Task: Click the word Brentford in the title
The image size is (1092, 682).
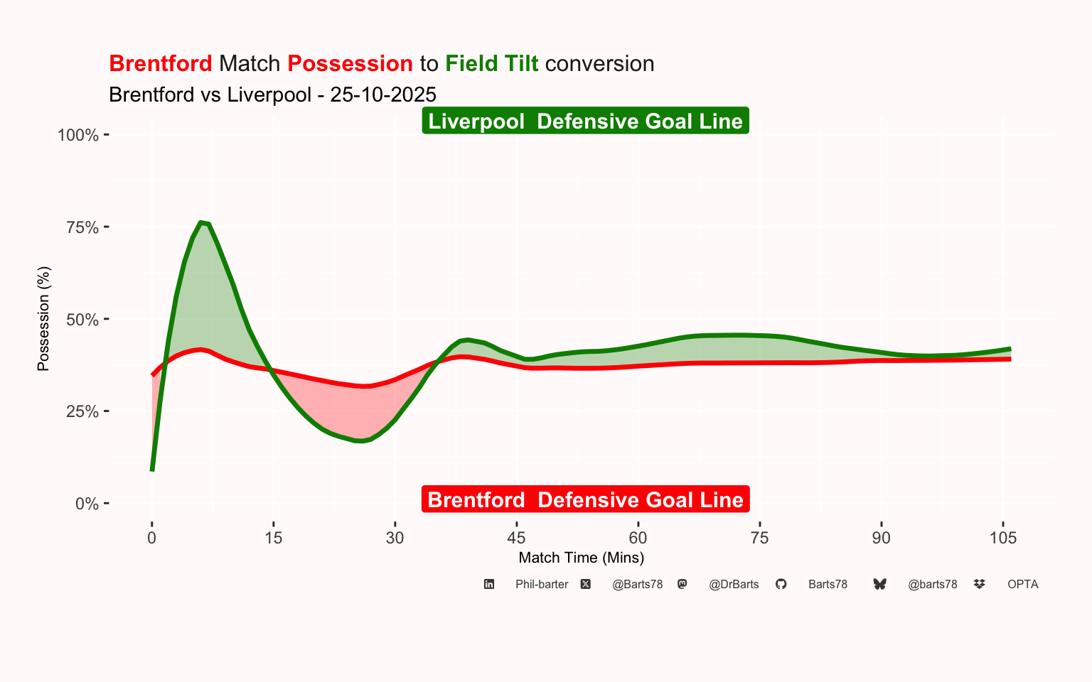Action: [161, 63]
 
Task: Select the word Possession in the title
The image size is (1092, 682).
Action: [350, 63]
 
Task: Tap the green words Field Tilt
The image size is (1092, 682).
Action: [491, 63]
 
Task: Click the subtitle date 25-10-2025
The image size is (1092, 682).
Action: [383, 94]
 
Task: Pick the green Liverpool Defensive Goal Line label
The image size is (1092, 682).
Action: [585, 121]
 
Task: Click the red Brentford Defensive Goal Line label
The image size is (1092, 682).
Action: [585, 499]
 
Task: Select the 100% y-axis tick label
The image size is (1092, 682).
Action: [77, 135]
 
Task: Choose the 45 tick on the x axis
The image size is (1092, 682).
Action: [516, 538]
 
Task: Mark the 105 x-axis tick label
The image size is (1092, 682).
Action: [1002, 538]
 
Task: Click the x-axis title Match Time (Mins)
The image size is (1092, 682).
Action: [581, 558]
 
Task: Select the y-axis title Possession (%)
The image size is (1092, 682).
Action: [43, 318]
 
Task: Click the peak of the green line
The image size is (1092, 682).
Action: [202, 222]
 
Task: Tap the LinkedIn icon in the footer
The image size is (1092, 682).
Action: [489, 584]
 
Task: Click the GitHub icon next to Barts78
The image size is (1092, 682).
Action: [781, 584]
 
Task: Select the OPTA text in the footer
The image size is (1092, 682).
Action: [1022, 585]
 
